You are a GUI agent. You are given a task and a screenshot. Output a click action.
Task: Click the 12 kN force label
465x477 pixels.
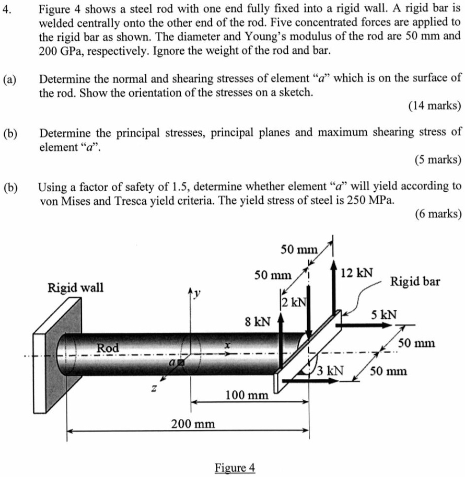point(357,273)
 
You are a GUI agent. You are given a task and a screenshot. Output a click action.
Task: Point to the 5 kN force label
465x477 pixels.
point(383,315)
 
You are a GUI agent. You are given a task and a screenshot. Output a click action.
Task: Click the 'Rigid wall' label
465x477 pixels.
point(76,287)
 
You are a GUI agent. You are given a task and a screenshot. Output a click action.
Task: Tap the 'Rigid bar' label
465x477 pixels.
point(415,282)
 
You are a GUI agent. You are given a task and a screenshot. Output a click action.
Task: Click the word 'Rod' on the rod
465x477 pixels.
point(108,347)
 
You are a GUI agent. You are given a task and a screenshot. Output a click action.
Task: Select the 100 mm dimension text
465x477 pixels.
point(247,395)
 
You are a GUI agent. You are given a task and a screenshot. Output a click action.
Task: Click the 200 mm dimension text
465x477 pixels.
point(193,423)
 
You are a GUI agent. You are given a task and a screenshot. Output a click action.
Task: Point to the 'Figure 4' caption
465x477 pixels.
point(235,467)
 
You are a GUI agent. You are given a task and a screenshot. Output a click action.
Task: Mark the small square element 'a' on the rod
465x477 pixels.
point(181,362)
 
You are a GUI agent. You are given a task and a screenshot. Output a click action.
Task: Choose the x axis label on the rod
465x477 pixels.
point(227,345)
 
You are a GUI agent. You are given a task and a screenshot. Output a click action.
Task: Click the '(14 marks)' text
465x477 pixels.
point(434,106)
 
